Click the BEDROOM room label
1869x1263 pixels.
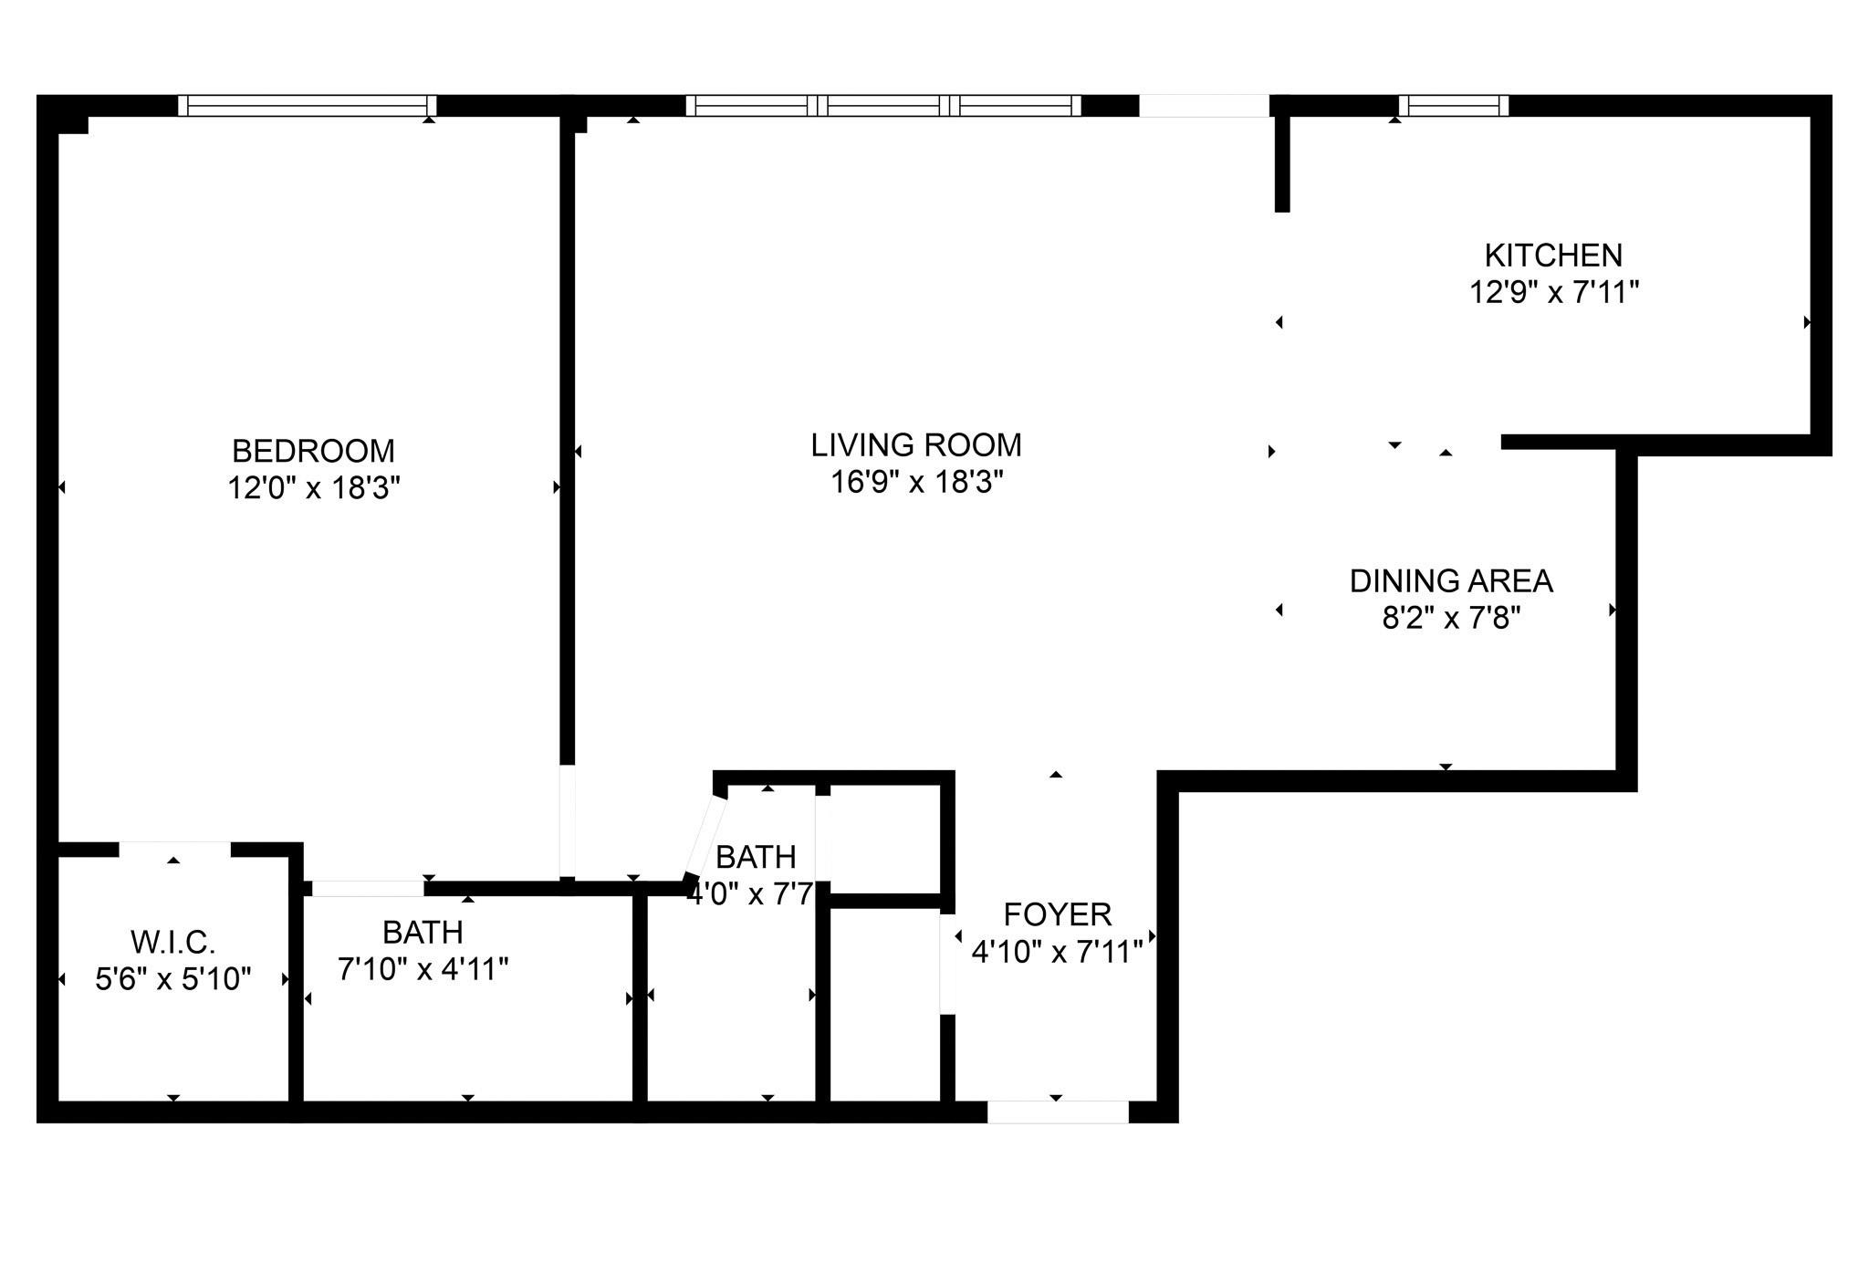pos(313,451)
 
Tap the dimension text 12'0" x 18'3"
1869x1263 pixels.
pos(313,488)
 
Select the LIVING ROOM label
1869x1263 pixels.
pos(915,445)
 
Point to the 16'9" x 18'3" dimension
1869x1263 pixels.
pos(915,482)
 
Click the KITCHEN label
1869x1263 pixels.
pos(1553,255)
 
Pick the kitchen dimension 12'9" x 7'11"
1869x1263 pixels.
pos(1553,293)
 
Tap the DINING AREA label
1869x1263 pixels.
pos(1451,580)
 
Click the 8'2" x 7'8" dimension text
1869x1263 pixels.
pos(1451,619)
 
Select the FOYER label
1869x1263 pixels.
pos(1057,914)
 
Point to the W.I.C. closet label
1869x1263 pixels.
pos(172,941)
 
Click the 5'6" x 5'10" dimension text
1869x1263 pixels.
pos(172,979)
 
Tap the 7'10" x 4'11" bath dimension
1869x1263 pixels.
pos(423,969)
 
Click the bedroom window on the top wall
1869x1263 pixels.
pos(307,106)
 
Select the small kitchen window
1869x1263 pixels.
pos(1453,106)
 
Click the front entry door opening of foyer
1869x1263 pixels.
pos(1058,1111)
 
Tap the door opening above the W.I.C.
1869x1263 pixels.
pos(174,849)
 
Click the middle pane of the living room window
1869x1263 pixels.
pos(883,106)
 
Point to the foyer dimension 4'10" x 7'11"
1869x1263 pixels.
pos(1057,953)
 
